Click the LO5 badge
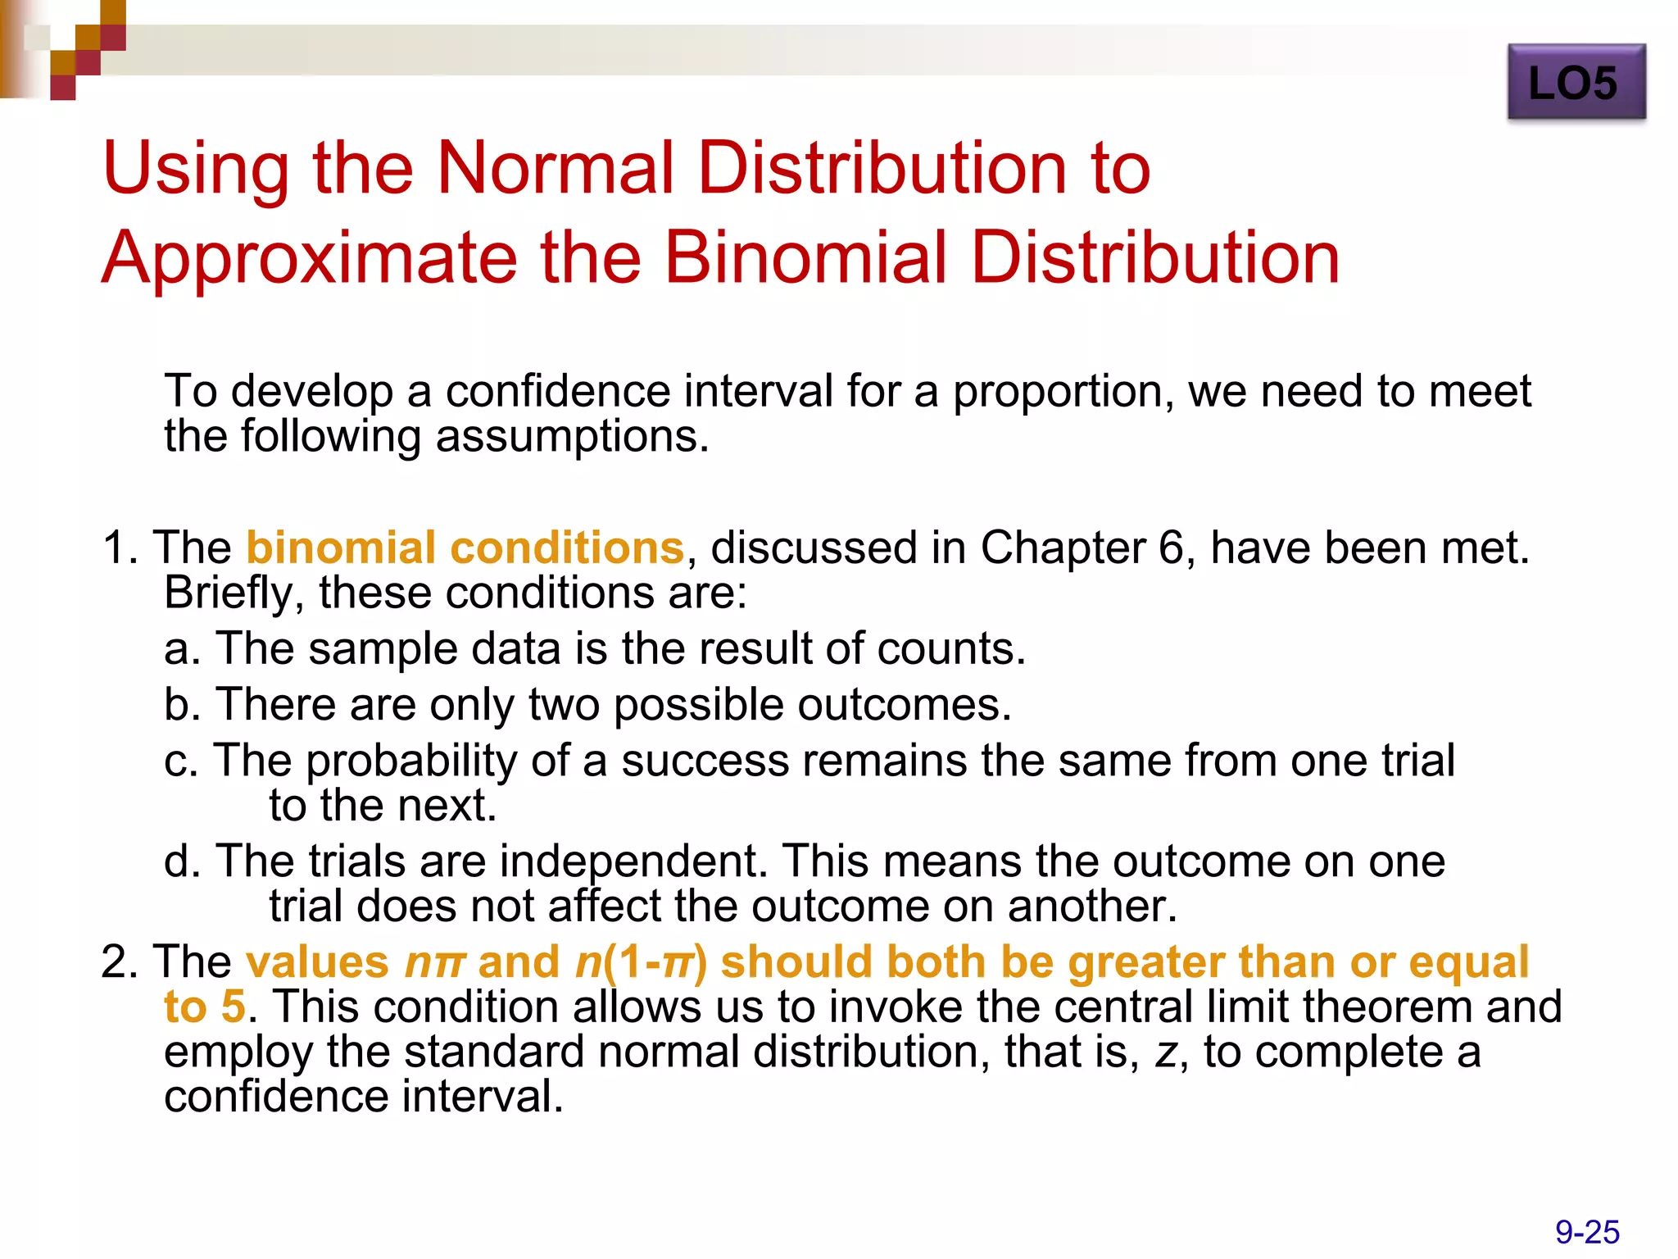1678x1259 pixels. pos(1576,83)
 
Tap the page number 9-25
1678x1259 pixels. pos(1587,1232)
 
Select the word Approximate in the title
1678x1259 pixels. pos(309,258)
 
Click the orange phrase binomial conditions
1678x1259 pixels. pos(465,548)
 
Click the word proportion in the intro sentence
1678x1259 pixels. pos(1057,392)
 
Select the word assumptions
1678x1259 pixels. pos(571,436)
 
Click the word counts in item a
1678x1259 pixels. pos(950,648)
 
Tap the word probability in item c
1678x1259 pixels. pos(411,761)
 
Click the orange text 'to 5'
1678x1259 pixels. pos(205,1007)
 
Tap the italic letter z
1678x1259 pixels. pos(1165,1052)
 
